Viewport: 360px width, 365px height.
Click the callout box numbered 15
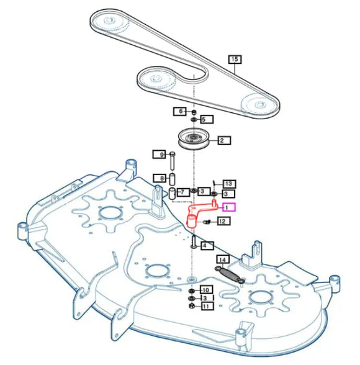(x=235, y=59)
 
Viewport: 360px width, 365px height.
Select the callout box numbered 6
(x=179, y=111)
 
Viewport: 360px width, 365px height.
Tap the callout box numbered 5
(x=206, y=119)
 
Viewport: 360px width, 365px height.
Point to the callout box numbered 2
(x=224, y=140)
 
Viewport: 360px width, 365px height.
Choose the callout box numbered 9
(x=159, y=155)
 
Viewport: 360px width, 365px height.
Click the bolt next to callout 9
(x=173, y=161)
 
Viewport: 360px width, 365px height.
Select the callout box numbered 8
(x=160, y=178)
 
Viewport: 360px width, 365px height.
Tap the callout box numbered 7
(x=183, y=192)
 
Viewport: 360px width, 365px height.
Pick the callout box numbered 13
(x=230, y=184)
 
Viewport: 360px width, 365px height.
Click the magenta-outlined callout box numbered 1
(x=229, y=207)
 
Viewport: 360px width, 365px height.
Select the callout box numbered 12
(x=223, y=221)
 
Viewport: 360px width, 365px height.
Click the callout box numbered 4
(x=207, y=245)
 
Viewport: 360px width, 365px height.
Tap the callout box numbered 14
(x=223, y=259)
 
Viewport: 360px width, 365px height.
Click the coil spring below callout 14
(x=230, y=274)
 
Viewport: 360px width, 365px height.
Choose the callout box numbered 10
(x=206, y=290)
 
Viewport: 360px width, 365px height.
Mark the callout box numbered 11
(x=207, y=306)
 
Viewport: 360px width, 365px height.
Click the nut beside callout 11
(x=192, y=306)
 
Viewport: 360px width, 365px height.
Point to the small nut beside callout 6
(x=194, y=113)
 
